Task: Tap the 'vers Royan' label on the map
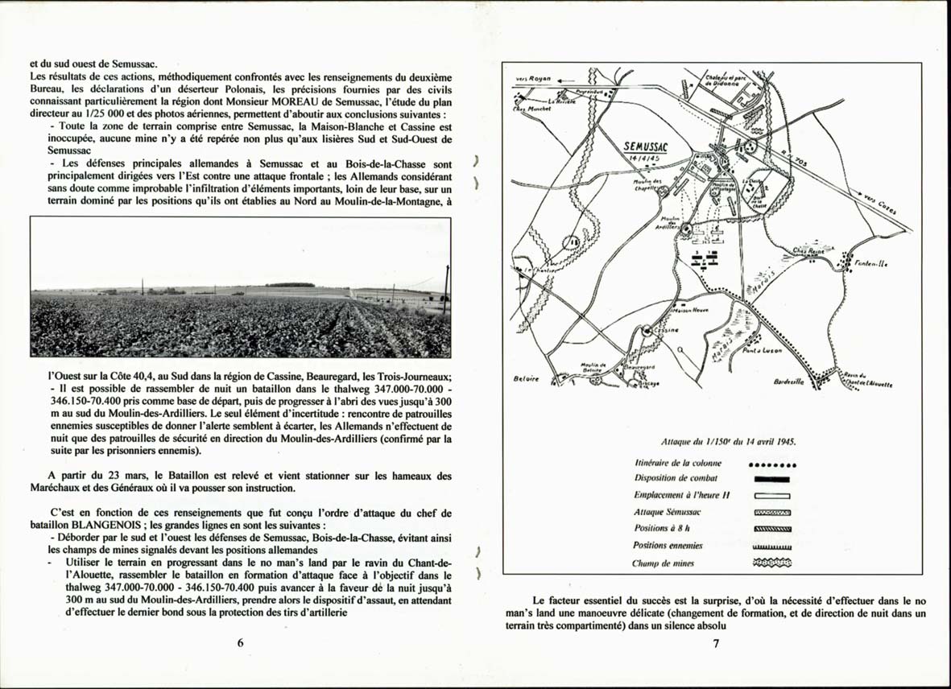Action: (x=532, y=80)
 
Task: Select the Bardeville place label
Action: (x=788, y=382)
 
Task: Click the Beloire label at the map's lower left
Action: (x=525, y=378)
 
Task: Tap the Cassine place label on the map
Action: (x=668, y=330)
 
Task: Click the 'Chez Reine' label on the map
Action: (x=808, y=251)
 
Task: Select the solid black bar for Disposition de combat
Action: (x=771, y=480)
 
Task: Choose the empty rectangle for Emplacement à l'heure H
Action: (x=771, y=496)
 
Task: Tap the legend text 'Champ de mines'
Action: (x=663, y=563)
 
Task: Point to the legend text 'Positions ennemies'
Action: (x=667, y=546)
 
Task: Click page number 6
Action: (x=240, y=642)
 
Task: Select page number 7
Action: (x=715, y=642)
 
